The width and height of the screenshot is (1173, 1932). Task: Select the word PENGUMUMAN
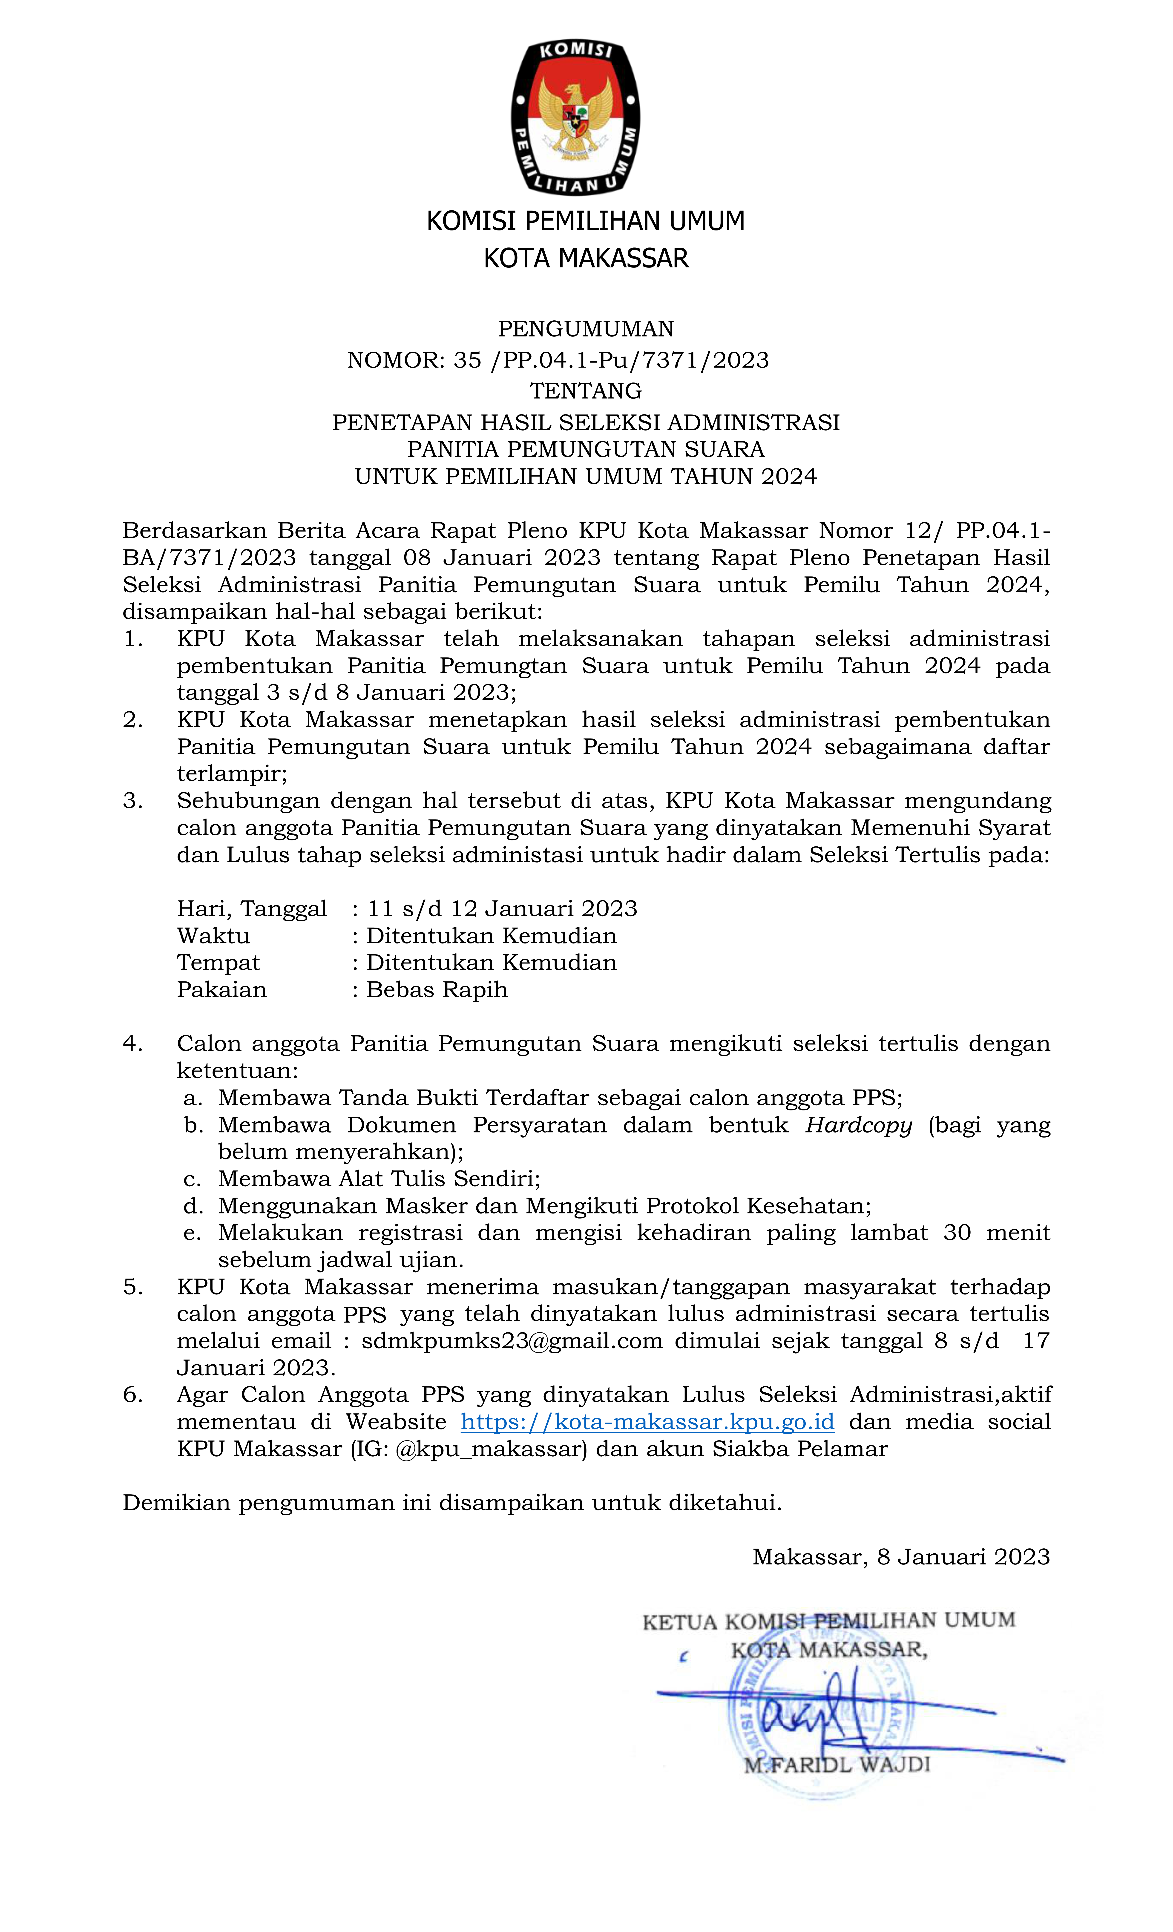[x=585, y=328]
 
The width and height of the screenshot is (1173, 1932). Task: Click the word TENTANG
[x=585, y=391]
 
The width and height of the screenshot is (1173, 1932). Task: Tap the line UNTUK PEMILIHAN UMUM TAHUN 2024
[x=585, y=477]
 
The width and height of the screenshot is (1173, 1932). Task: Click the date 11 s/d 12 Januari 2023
[x=502, y=909]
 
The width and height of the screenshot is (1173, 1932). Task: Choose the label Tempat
[x=218, y=963]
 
